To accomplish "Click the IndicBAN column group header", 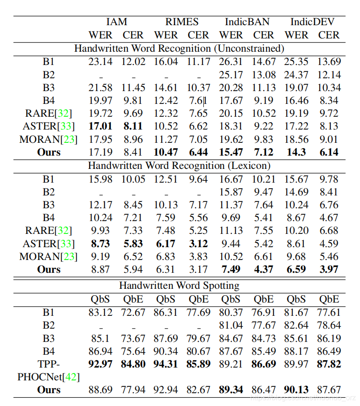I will (247, 22).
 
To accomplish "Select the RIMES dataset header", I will (182, 22).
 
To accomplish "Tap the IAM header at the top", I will (116, 22).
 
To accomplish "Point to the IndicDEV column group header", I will (312, 22).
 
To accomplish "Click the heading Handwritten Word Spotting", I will (179, 286).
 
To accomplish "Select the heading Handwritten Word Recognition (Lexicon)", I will (179, 165).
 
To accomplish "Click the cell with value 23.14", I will (100, 61).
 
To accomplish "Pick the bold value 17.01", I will (100, 126).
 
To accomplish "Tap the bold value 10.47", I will (166, 152).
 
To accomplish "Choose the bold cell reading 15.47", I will (231, 152).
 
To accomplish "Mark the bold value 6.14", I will (329, 152).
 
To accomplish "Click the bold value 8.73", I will (100, 244).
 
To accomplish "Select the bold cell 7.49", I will (231, 269).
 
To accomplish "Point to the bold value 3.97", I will (329, 269).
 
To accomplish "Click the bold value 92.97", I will (100, 364).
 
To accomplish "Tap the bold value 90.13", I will (296, 390).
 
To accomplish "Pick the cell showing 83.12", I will (100, 312).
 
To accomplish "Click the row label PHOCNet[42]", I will (49, 377).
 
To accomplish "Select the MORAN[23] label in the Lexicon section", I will (49, 256).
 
